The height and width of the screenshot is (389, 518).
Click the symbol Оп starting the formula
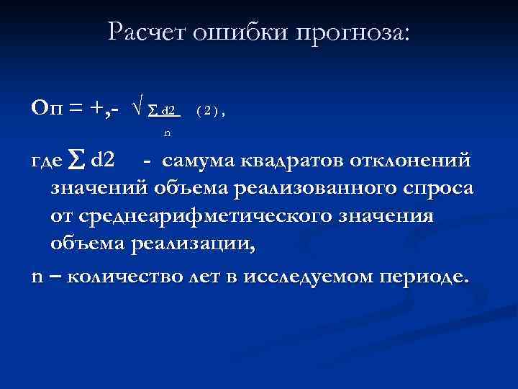tap(46, 108)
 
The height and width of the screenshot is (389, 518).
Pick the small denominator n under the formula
tap(167, 133)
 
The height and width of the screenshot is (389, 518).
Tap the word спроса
tap(438, 190)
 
